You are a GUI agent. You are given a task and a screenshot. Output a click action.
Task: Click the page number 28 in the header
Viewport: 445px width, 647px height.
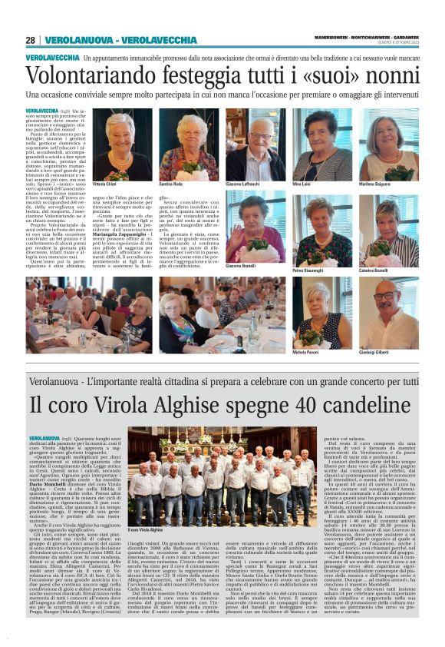30,40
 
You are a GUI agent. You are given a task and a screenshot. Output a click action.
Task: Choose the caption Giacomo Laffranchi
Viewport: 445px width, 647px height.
244,185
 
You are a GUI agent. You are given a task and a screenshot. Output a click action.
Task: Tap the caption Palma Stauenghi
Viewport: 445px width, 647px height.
310,270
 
